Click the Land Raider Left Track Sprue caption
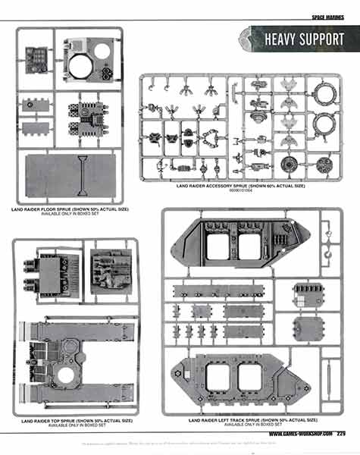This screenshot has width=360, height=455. point(240,419)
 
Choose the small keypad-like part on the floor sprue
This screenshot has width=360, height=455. point(36,56)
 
